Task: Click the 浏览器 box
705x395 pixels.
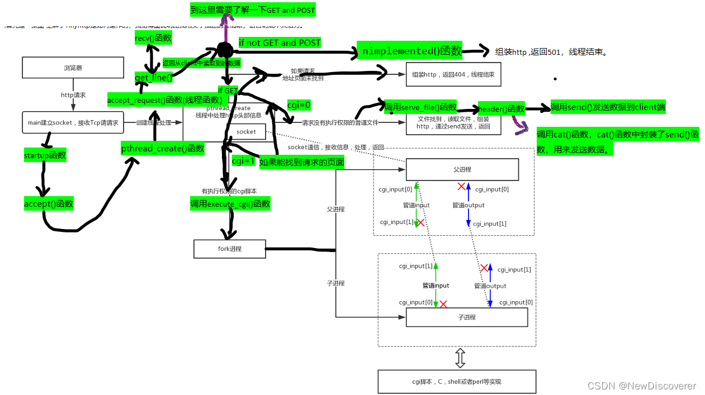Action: [x=73, y=68]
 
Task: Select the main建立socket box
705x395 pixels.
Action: [x=73, y=122]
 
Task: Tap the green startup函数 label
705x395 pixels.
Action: [x=45, y=155]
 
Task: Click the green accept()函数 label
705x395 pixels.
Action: [x=49, y=204]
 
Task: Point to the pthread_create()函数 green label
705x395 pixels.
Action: [x=163, y=148]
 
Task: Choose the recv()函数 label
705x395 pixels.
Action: [x=153, y=38]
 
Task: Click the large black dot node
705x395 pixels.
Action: [x=224, y=50]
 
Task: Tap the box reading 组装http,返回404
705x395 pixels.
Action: [x=453, y=74]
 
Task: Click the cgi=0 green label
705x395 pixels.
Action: [x=299, y=104]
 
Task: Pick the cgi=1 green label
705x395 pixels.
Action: [x=243, y=161]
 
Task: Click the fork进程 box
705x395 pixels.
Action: [x=229, y=249]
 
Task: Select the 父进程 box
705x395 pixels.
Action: [x=462, y=169]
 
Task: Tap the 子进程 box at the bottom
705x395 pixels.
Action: [x=466, y=317]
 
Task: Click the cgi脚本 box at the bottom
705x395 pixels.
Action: [x=456, y=382]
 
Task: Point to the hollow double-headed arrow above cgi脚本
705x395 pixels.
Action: [x=460, y=358]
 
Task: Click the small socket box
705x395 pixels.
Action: [x=246, y=132]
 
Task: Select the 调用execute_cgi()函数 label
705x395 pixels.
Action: [x=230, y=204]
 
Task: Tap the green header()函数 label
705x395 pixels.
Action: [x=501, y=108]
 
